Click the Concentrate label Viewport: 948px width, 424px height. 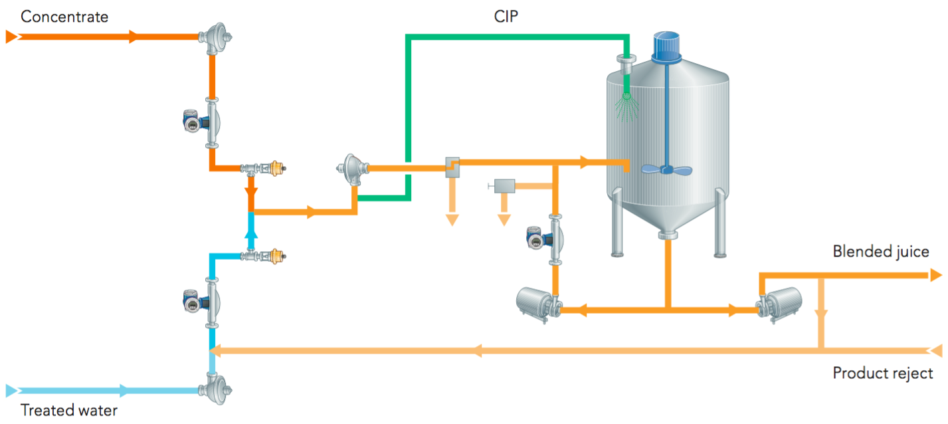point(64,17)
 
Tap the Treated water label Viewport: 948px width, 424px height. point(68,409)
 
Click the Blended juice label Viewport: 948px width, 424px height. point(880,251)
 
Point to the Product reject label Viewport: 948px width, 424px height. point(882,373)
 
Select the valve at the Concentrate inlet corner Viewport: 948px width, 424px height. point(215,35)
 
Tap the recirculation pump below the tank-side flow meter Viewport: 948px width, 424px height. point(539,304)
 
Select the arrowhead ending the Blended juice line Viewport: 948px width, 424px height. point(935,274)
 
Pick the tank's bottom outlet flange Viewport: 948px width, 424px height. point(668,234)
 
